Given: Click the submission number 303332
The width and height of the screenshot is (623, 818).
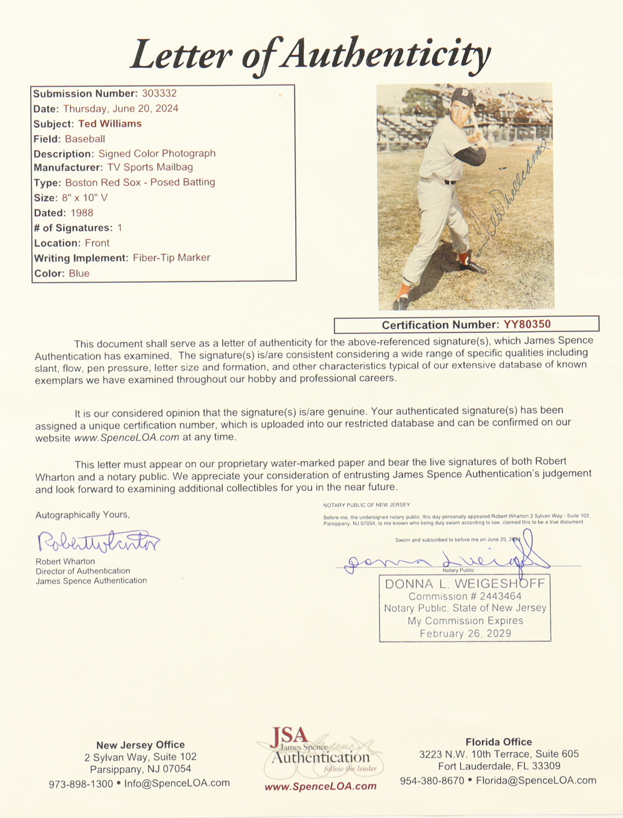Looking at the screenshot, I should (159, 94).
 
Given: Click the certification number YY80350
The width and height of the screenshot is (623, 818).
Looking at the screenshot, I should (527, 324).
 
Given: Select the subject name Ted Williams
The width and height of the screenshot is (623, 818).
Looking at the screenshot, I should (110, 124).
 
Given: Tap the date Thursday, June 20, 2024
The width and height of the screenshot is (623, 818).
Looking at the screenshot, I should (120, 108).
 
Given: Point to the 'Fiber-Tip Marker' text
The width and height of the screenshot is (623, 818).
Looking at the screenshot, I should (171, 258).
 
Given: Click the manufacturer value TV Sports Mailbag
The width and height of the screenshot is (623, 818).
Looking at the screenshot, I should (150, 167).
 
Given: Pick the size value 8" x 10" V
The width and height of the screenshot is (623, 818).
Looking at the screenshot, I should (85, 198).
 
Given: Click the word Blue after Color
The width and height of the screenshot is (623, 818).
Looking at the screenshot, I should (79, 273).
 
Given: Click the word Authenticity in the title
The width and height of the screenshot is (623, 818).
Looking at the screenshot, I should (387, 55).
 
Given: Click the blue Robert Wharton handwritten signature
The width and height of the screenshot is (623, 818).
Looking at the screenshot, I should (98, 542).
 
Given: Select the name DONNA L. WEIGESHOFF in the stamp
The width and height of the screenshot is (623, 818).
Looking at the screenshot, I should (465, 584).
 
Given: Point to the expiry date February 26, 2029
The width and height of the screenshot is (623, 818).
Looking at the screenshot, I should (465, 634).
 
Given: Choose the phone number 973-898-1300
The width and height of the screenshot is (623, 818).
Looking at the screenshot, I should (80, 784).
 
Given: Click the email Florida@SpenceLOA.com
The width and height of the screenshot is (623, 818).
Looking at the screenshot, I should (536, 780).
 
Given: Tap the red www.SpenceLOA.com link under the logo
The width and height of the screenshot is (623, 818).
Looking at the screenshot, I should (320, 786).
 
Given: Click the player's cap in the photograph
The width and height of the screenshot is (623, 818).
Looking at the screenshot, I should (462, 97).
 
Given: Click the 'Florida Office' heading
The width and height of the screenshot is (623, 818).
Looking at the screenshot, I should (498, 742).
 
